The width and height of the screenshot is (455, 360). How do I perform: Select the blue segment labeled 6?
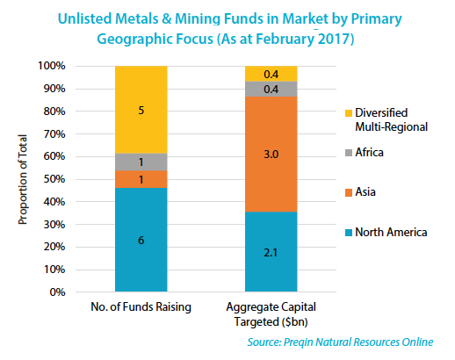tap(141, 239)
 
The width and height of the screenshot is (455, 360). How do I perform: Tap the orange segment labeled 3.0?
tap(271, 155)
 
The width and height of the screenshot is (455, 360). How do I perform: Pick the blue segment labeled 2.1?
tap(271, 252)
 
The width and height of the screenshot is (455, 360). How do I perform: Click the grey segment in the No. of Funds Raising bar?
tap(141, 162)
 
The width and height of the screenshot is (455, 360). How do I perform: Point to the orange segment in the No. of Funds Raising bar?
tap(141, 178)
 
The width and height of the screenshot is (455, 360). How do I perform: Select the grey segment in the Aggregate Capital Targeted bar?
tap(271, 89)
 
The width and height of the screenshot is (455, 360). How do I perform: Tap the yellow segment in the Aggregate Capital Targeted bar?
tap(271, 74)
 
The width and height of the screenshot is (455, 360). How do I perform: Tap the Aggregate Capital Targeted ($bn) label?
tap(271, 314)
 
